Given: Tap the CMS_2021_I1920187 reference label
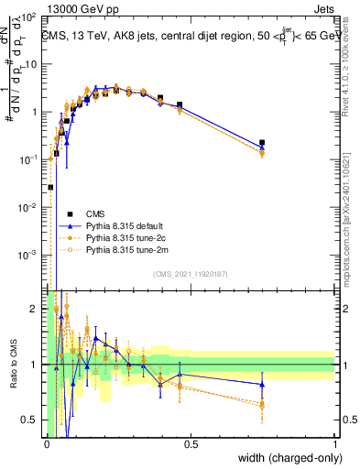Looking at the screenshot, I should pos(190,273).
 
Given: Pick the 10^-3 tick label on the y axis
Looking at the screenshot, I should pos(29,254).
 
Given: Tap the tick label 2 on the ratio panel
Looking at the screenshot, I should pos(38,309).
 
